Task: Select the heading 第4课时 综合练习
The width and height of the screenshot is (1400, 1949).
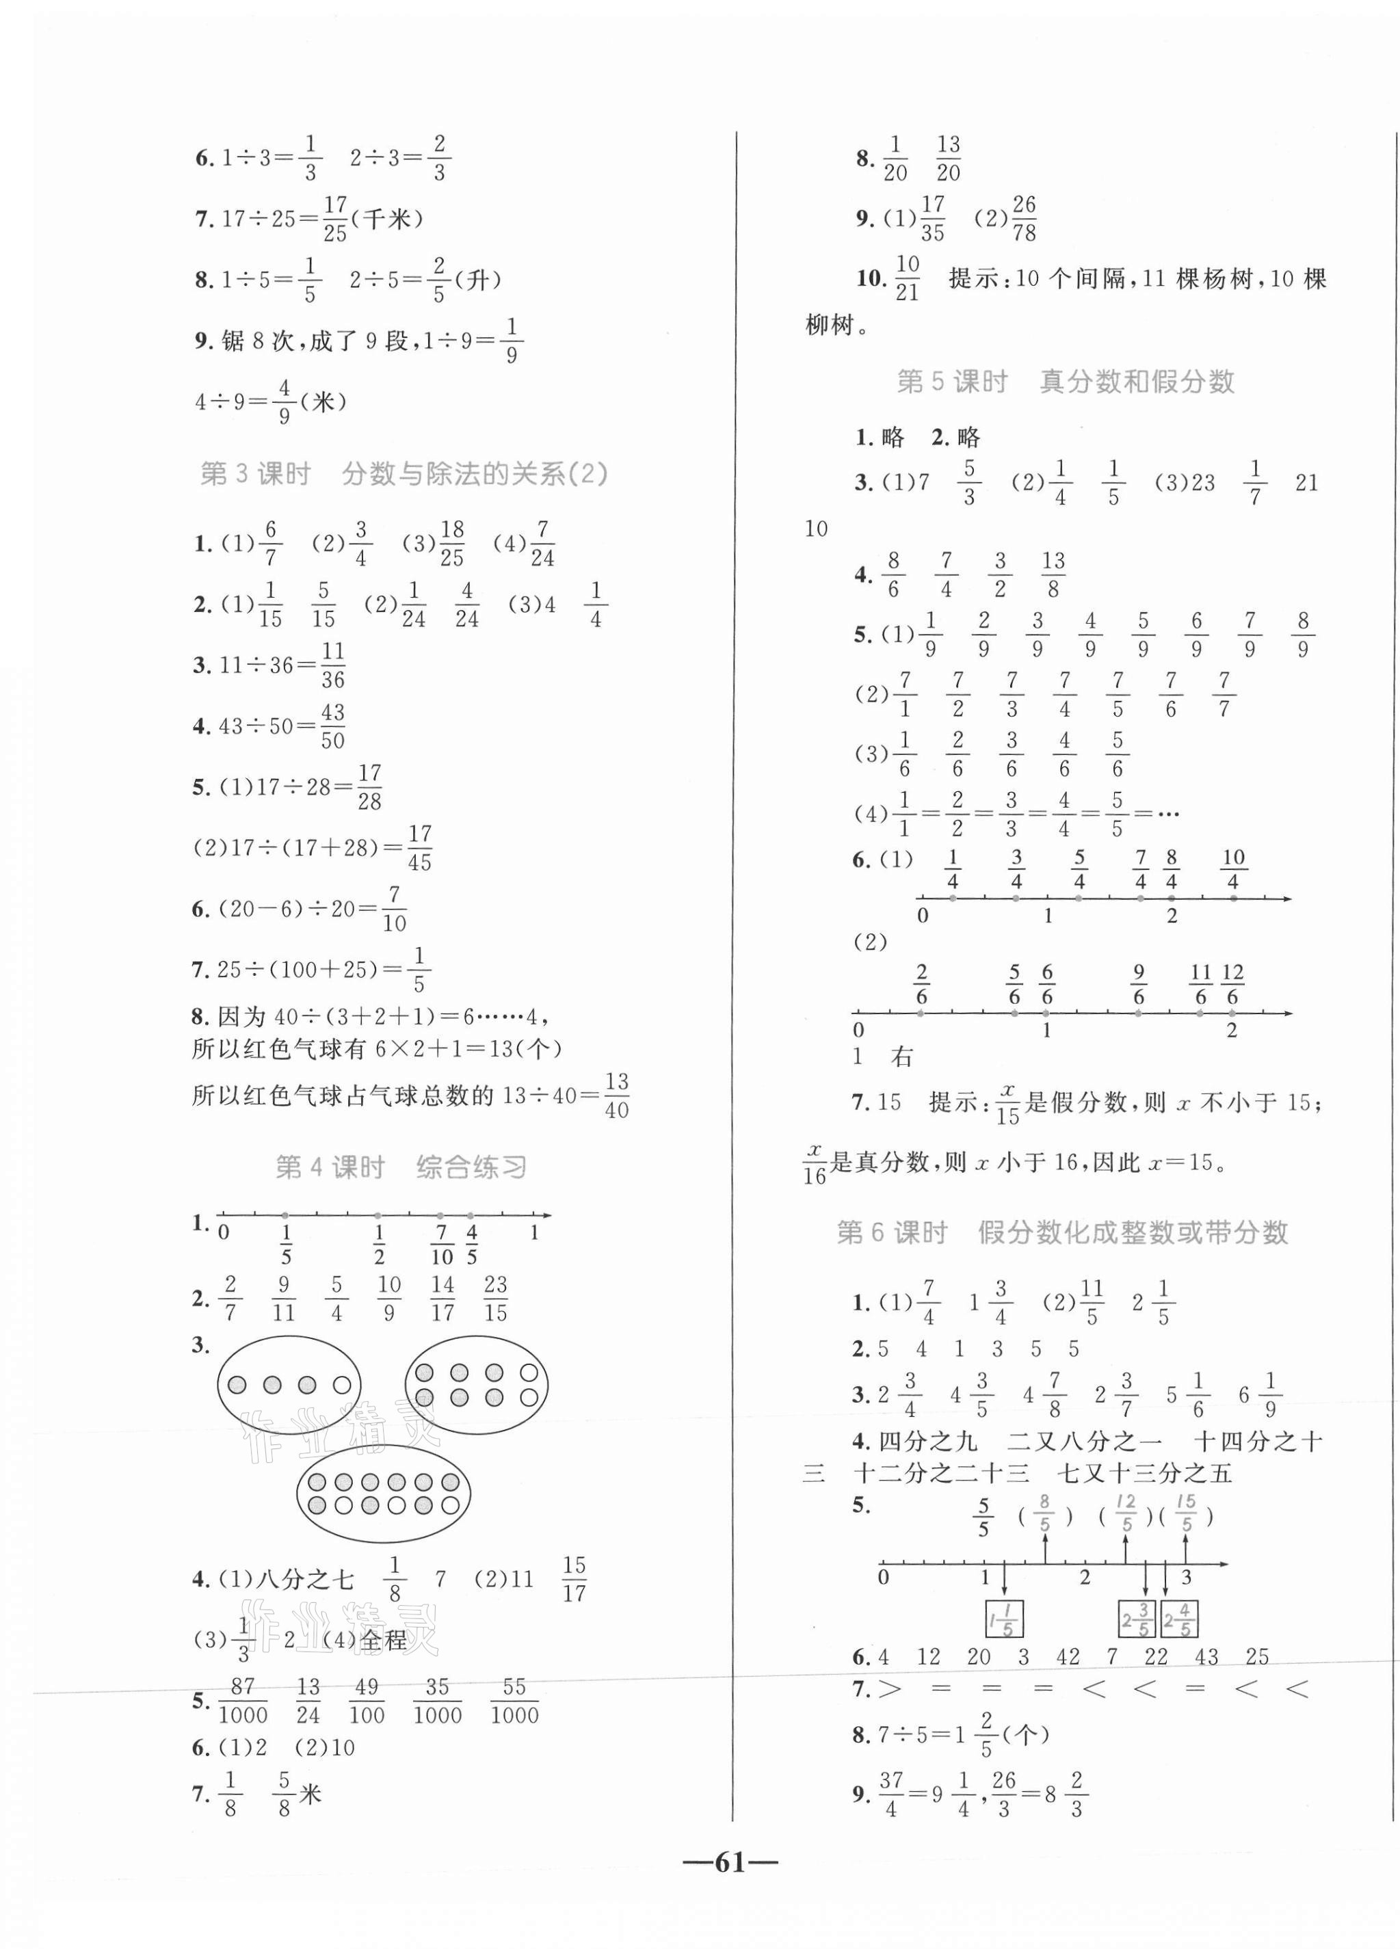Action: [x=401, y=1167]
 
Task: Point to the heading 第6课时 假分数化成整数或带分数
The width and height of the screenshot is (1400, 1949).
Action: [x=1062, y=1232]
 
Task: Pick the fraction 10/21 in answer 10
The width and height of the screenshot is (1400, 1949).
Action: [x=907, y=278]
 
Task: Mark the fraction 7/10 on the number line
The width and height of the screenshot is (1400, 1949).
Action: [x=442, y=1245]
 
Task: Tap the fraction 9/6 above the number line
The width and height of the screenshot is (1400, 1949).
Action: [x=1139, y=985]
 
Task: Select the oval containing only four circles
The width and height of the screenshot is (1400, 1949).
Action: [x=289, y=1384]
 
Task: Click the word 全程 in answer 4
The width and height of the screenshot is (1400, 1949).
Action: [x=383, y=1641]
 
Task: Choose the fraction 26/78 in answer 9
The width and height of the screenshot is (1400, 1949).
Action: [x=1024, y=218]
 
